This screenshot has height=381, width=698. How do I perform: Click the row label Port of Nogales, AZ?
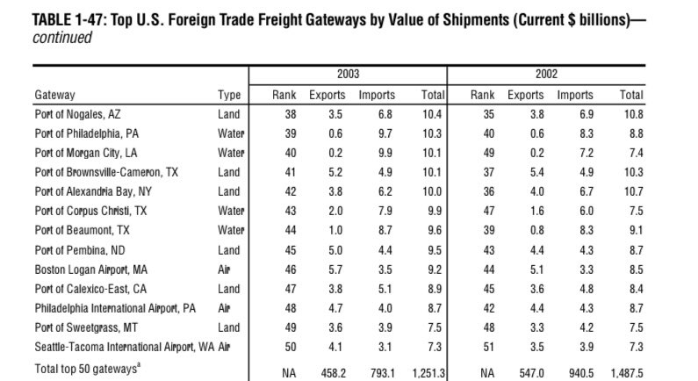tap(77, 114)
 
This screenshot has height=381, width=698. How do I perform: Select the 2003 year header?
tap(348, 74)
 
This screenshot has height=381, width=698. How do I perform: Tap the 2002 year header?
tap(546, 74)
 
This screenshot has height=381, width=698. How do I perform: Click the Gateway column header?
tap(54, 95)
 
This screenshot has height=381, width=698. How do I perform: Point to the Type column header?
tap(229, 95)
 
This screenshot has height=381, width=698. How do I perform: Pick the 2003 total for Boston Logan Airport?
tap(435, 270)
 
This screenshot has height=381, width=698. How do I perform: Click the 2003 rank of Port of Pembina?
tap(291, 250)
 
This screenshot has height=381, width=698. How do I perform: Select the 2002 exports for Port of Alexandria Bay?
tap(536, 192)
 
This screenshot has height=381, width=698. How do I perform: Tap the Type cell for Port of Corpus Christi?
tap(231, 211)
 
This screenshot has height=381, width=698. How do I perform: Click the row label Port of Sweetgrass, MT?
tap(86, 328)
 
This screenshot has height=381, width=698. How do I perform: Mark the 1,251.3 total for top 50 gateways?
tap(428, 373)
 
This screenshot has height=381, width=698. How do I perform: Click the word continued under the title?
tap(62, 38)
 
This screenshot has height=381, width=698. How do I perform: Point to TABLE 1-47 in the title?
tap(69, 20)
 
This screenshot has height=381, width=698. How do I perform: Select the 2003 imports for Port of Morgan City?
tap(385, 153)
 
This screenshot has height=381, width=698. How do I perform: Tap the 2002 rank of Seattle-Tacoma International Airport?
tap(488, 347)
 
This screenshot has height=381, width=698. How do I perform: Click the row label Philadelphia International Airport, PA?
tap(115, 308)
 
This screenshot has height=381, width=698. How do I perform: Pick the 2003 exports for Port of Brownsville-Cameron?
tap(335, 172)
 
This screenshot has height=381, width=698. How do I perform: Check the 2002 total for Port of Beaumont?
tap(637, 231)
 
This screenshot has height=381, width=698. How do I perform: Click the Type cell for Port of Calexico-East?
tap(229, 290)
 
